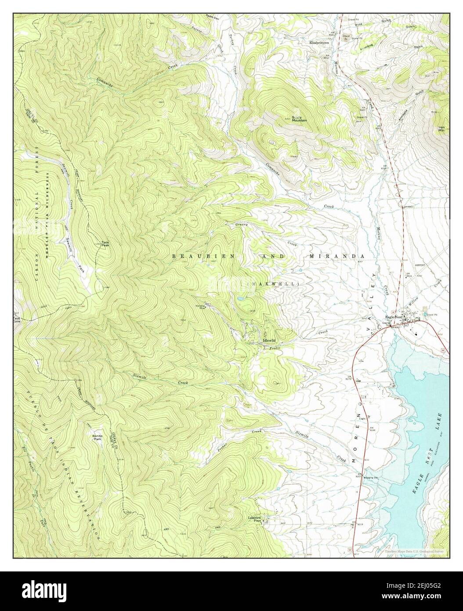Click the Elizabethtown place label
click(x=319, y=43)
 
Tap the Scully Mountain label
click(x=299, y=119)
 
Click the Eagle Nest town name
click(x=394, y=317)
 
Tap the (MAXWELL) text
click(x=275, y=284)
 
